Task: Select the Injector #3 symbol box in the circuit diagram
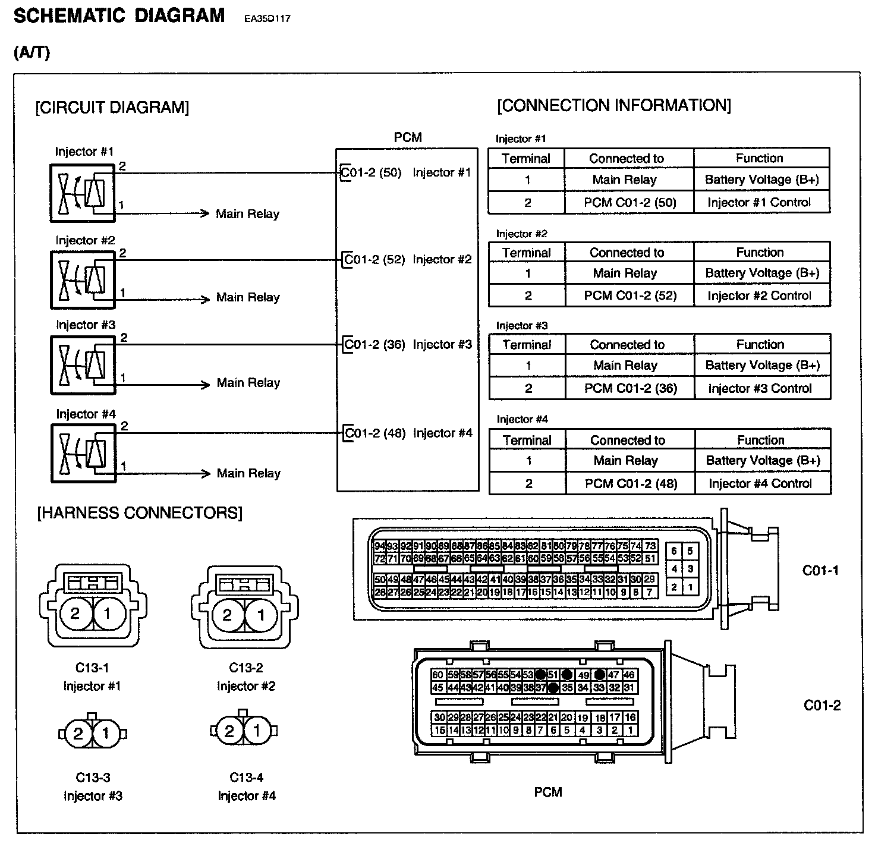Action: coord(83,365)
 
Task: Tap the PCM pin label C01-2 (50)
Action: coord(372,173)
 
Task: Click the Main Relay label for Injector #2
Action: coord(248,297)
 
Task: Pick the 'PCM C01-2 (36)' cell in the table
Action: coord(631,389)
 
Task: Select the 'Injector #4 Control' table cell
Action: coord(760,484)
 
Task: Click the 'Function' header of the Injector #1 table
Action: coord(760,158)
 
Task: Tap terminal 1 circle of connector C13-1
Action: coord(108,614)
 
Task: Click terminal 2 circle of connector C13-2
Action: coord(227,615)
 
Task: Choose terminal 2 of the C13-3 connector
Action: coord(78,734)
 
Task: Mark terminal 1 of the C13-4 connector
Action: coord(257,731)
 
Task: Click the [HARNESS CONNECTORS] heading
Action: coord(140,513)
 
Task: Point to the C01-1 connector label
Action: coord(820,571)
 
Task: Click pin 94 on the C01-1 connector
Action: coord(379,546)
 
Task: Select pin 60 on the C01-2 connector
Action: coord(438,675)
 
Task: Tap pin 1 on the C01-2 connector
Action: coord(630,731)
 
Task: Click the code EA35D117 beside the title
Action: coord(267,18)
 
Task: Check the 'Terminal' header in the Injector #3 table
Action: coord(527,345)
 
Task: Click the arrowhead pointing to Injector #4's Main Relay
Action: coord(206,474)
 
